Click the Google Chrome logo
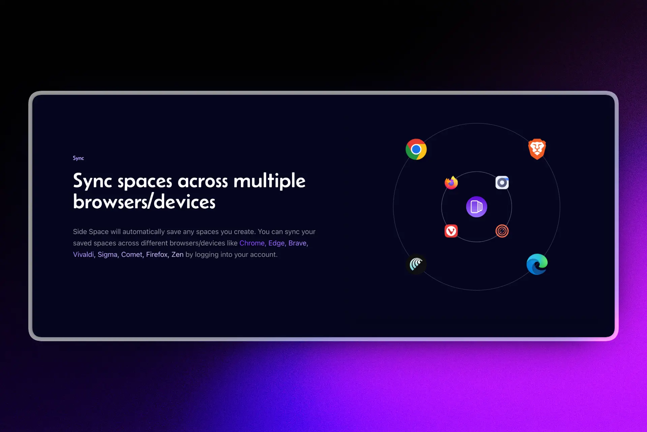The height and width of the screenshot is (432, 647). [416, 149]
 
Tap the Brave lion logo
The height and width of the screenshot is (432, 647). [537, 149]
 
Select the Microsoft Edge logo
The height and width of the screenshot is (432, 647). [537, 264]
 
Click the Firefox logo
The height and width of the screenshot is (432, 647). [451, 183]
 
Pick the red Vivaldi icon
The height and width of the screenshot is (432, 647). [451, 231]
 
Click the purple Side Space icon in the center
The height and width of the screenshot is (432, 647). [476, 207]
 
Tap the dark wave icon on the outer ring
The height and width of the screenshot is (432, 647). [416, 264]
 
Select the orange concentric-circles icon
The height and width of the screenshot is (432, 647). [502, 231]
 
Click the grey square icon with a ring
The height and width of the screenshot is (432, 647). [502, 183]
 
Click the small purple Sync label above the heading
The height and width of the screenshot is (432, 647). [78, 158]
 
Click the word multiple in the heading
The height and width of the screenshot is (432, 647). [269, 181]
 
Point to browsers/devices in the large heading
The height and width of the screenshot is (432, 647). [144, 202]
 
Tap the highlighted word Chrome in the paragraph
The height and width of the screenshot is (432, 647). [252, 243]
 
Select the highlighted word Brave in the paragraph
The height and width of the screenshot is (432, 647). [298, 243]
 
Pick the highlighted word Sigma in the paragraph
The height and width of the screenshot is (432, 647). [107, 254]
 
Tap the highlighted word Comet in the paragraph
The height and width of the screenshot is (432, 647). [132, 254]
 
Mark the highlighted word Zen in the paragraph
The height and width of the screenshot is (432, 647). [177, 254]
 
